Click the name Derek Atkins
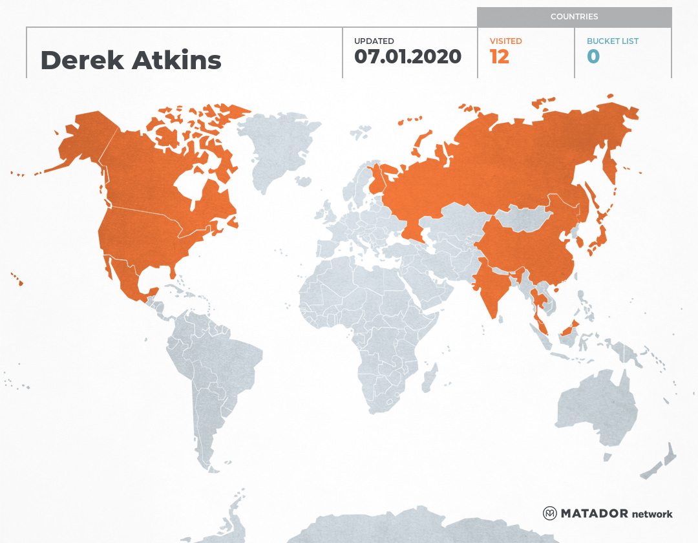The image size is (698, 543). point(131,60)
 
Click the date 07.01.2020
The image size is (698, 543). point(408,56)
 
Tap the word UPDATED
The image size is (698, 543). point(374,41)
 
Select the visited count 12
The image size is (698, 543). point(500,56)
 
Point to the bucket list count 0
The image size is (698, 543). point(593,56)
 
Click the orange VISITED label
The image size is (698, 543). point(505,41)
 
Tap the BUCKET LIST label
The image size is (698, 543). point(612,41)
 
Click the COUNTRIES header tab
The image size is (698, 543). point(574,17)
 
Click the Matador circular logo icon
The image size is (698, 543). point(550,513)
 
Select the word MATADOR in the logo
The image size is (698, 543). point(594,514)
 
